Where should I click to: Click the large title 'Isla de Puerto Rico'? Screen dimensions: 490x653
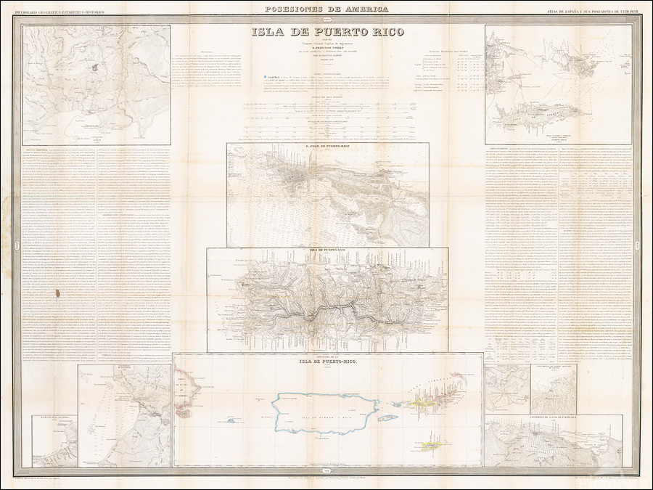[x=326, y=31]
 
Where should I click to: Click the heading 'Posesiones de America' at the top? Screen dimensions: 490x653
[x=326, y=9]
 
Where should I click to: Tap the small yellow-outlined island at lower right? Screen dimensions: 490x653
[x=432, y=445]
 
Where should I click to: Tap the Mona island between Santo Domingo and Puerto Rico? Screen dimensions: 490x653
[x=231, y=420]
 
